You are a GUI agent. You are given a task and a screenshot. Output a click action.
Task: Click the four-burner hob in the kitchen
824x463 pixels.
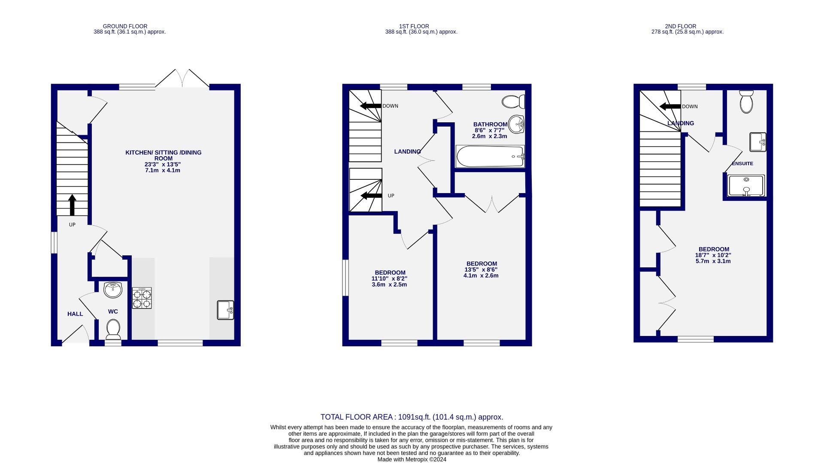(142, 298)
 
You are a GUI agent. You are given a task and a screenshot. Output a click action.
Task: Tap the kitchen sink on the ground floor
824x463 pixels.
(225, 310)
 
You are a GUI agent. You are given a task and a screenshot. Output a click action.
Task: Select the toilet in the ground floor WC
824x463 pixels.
(113, 329)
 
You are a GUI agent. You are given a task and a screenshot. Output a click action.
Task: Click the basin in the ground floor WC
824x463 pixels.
(113, 290)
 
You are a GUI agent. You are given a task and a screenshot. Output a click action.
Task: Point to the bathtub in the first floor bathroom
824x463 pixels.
(490, 157)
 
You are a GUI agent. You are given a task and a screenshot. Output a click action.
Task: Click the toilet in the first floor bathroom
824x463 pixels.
(513, 102)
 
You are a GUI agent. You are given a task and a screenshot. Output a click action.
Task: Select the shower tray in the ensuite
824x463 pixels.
(746, 186)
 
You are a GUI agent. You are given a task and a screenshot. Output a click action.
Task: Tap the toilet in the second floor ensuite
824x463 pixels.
(746, 102)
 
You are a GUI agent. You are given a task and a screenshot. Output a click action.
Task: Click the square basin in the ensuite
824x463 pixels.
(758, 142)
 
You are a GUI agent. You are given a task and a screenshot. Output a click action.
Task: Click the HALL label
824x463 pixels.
(75, 314)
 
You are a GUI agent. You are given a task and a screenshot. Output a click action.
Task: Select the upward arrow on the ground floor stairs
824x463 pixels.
(72, 205)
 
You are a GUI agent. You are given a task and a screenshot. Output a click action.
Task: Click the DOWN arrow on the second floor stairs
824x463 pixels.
(670, 106)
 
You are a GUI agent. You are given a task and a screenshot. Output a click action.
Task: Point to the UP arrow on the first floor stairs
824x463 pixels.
(371, 196)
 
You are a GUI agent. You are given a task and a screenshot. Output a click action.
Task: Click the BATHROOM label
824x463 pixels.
(490, 124)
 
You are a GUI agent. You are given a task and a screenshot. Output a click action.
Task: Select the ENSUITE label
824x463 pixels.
(742, 163)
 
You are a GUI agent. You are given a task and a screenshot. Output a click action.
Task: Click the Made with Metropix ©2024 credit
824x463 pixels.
(412, 459)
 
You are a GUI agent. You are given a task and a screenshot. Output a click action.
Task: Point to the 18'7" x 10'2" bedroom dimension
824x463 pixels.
(713, 255)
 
